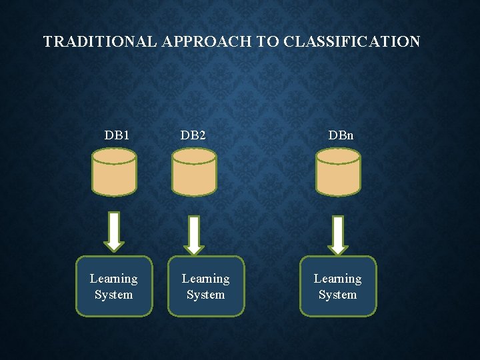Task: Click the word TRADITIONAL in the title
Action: click(x=100, y=42)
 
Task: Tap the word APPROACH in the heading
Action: click(x=206, y=42)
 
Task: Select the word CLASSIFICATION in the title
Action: click(x=351, y=42)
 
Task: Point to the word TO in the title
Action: click(x=269, y=42)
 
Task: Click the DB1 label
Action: click(x=117, y=135)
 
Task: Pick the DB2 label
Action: click(x=193, y=135)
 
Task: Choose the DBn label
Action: click(x=341, y=135)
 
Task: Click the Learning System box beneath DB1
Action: click(x=114, y=286)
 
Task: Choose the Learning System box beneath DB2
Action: click(x=205, y=286)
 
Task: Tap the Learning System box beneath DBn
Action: click(x=338, y=286)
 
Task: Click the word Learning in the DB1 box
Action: click(x=114, y=279)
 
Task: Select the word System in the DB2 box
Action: click(x=206, y=295)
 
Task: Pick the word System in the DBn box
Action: click(x=338, y=295)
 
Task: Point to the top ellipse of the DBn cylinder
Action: click(x=338, y=156)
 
